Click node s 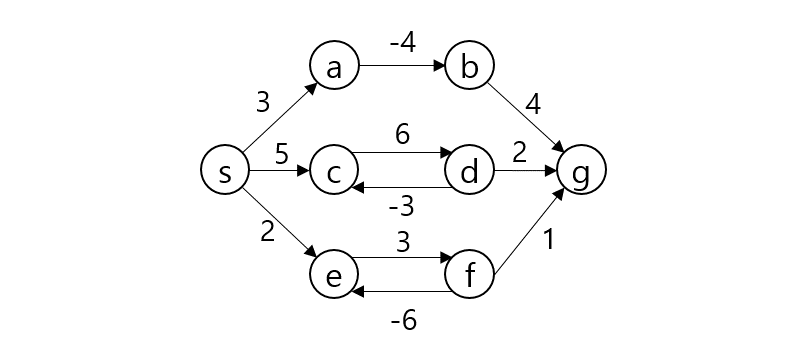pyautogui.click(x=225, y=171)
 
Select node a pyautogui.click(x=334, y=67)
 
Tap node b pyautogui.click(x=468, y=67)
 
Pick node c pyautogui.click(x=334, y=171)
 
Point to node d pyautogui.click(x=468, y=171)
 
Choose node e pyautogui.click(x=334, y=275)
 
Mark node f pyautogui.click(x=468, y=275)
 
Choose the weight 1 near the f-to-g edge pyautogui.click(x=547, y=239)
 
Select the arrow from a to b pyautogui.click(x=401, y=67)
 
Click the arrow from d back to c pyautogui.click(x=401, y=187)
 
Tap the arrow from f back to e pyautogui.click(x=401, y=291)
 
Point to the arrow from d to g pyautogui.click(x=525, y=171)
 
